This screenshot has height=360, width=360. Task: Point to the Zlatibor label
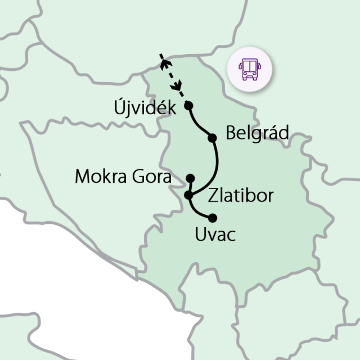point(241,196)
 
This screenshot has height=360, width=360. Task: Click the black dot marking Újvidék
point(188,105)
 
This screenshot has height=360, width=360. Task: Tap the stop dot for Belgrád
point(212,138)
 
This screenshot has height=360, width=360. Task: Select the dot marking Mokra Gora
point(190,178)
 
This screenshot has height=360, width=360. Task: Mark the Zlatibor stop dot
point(188,195)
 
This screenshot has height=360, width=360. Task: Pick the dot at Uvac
point(212,218)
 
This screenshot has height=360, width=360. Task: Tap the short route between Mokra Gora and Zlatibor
point(191,187)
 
